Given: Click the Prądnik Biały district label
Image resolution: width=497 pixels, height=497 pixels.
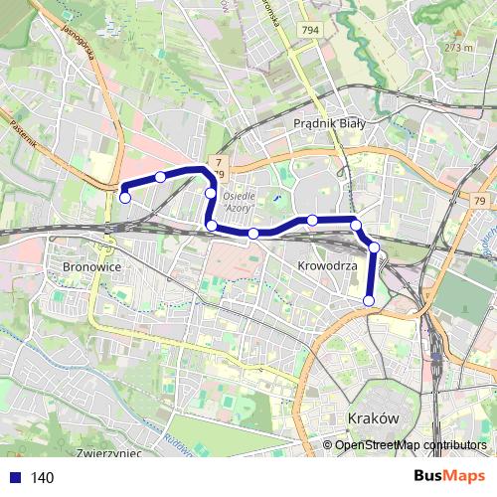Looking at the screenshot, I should click(x=330, y=123).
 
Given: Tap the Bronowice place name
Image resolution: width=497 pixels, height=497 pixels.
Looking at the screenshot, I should click(x=90, y=267).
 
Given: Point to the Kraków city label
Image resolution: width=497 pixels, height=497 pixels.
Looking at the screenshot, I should click(x=374, y=418).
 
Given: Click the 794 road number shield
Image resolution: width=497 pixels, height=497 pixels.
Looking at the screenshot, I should click(x=311, y=31).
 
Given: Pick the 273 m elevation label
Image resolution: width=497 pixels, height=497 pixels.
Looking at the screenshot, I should click(x=458, y=47).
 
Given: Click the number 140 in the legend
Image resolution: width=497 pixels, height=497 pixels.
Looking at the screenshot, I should click(x=43, y=478).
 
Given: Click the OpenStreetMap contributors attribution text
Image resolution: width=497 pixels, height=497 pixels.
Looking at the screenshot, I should click(x=411, y=445).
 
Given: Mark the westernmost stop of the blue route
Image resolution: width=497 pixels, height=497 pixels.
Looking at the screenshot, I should click(x=125, y=198).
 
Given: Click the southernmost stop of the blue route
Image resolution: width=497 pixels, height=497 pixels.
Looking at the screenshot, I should click(x=369, y=300).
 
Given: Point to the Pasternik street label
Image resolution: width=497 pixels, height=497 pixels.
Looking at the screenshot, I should click(x=26, y=132).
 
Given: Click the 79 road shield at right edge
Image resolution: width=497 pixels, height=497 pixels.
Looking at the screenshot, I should click(x=480, y=202).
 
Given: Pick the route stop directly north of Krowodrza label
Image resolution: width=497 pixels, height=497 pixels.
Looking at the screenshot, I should click(x=312, y=220).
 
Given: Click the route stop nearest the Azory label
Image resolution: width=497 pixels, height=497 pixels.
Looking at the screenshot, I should click(x=212, y=192).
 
